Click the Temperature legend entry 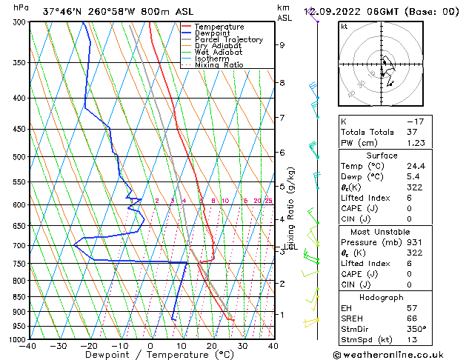[219, 27]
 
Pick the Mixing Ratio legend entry [219, 65]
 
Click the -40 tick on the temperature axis [28, 346]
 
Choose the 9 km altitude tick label [282, 45]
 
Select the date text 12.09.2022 [344, 11]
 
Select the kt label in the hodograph [344, 27]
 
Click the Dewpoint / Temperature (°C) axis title [150, 355]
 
